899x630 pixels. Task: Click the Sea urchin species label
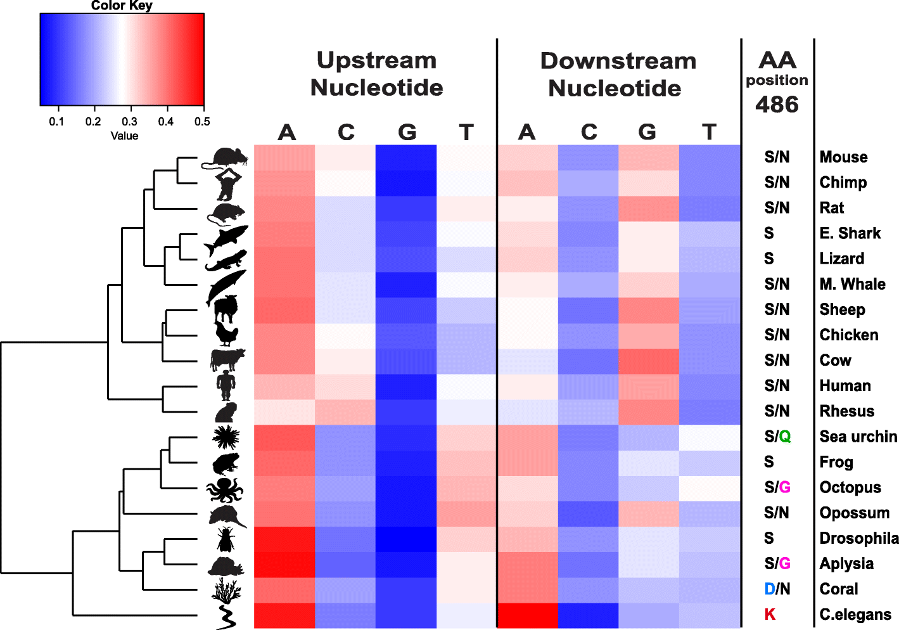pos(858,437)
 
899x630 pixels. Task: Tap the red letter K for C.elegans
pos(770,614)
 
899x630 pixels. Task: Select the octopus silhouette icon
pos(225,489)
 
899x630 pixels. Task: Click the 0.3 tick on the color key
pos(130,121)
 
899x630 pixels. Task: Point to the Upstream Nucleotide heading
pos(376,74)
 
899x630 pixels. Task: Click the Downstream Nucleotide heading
pos(617,74)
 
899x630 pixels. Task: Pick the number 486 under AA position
pos(777,105)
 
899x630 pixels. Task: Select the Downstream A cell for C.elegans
pos(528,615)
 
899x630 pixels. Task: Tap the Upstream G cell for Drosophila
pos(406,539)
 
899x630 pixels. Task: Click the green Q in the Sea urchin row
pos(785,437)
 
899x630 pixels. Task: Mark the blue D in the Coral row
pos(769,589)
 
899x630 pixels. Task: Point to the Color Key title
pos(122,6)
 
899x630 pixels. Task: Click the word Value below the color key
pos(124,136)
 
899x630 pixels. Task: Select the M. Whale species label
pos(852,284)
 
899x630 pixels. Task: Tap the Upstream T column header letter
pos(466,132)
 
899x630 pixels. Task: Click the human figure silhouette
pos(226,386)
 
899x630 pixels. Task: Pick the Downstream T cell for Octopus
pos(710,488)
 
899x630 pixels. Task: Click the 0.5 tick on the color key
pos(203,121)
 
